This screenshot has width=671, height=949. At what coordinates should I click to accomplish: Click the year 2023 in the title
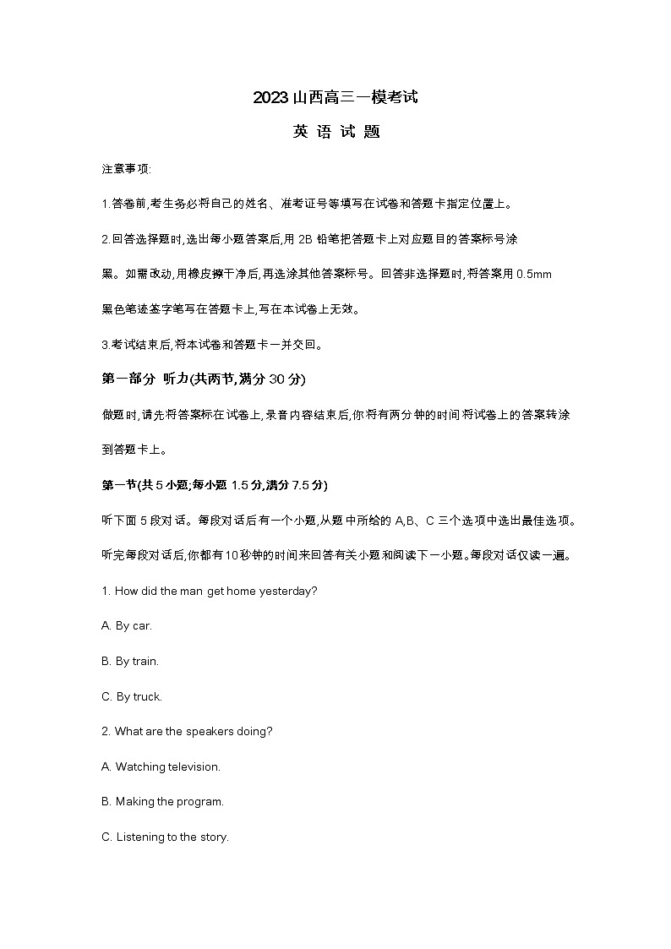pos(270,98)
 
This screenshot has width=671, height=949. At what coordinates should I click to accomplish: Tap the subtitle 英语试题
pos(335,133)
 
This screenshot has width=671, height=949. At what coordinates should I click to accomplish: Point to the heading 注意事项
pos(126,169)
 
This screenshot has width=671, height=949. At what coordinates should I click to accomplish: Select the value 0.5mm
pos(533,275)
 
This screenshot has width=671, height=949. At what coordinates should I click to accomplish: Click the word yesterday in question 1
pos(290,591)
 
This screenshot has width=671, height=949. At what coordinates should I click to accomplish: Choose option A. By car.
pos(127,626)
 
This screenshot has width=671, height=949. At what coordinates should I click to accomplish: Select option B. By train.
pos(130,662)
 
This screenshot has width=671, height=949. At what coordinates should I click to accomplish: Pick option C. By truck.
pos(131,697)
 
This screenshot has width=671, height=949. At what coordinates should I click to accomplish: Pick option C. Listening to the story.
pos(165,837)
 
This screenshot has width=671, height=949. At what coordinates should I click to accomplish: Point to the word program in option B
pos(200,802)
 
